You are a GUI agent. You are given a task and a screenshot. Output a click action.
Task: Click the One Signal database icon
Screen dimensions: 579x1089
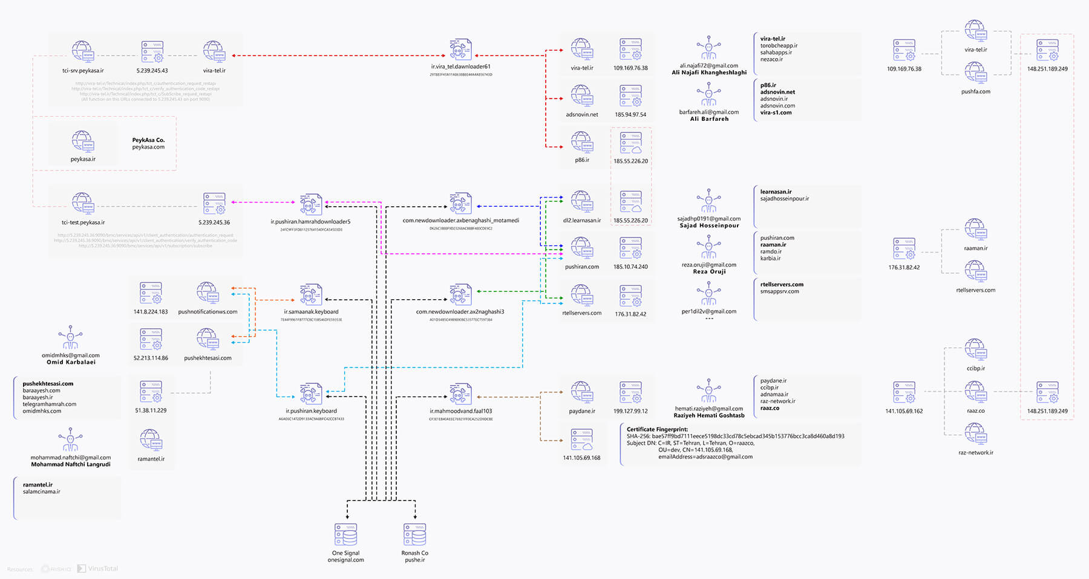coord(345,535)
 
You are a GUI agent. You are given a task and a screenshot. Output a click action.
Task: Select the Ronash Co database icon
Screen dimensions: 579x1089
coord(414,535)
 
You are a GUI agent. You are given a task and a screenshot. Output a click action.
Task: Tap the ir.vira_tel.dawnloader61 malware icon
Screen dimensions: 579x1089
coord(460,50)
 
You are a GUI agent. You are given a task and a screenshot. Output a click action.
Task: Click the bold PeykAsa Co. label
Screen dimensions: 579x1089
coord(148,140)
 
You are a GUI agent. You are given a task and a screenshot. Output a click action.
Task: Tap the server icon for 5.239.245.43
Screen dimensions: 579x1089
coord(152,53)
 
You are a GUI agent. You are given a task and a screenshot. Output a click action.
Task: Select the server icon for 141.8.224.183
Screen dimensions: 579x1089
coord(151,294)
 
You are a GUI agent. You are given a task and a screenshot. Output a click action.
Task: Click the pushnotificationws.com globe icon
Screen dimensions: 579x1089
coord(208,294)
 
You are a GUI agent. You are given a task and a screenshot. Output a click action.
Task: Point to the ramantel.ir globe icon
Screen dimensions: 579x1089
coord(151,441)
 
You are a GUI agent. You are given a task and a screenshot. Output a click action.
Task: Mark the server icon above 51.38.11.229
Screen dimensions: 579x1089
coord(151,392)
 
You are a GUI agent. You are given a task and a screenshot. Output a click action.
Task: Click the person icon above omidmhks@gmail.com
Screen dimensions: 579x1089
coord(70,338)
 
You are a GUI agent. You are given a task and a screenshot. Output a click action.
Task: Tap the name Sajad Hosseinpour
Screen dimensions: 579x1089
coord(709,225)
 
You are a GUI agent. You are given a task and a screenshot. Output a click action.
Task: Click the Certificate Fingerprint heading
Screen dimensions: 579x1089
coord(657,429)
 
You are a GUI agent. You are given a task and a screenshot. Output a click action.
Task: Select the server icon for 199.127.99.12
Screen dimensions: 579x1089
coord(630,393)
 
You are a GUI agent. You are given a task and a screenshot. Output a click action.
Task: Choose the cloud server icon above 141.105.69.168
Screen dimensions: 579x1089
coord(581,439)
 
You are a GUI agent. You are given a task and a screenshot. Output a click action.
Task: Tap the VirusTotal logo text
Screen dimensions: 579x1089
coord(103,569)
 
